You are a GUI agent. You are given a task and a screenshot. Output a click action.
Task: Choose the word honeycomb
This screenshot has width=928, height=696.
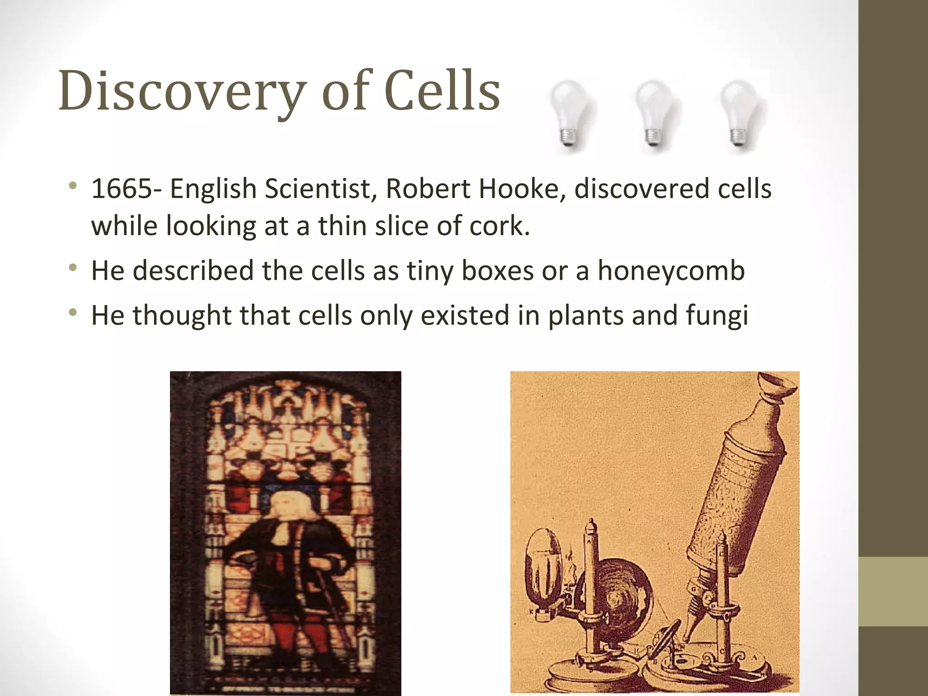click(671, 271)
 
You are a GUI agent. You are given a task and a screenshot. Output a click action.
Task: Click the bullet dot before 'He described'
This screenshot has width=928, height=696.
click(72, 269)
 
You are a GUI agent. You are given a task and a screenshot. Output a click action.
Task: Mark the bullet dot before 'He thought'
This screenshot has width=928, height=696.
click(72, 313)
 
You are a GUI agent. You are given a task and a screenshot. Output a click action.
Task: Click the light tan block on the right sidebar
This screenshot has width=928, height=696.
click(893, 591)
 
